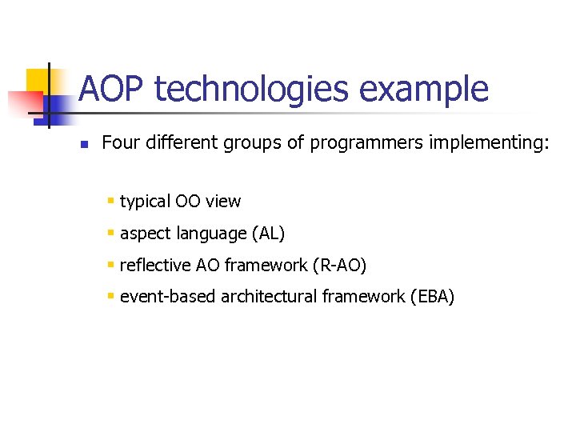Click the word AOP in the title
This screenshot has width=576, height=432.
(112, 89)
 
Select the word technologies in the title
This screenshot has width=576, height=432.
(252, 89)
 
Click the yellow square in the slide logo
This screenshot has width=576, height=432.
(40, 81)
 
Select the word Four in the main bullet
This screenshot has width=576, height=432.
(119, 143)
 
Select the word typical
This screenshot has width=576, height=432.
(146, 202)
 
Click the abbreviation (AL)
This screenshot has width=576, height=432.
(268, 234)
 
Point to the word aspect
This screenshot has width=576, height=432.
(143, 234)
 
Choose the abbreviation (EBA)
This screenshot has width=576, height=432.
(431, 297)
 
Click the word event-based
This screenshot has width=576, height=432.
(168, 297)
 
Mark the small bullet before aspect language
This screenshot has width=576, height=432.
(111, 234)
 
